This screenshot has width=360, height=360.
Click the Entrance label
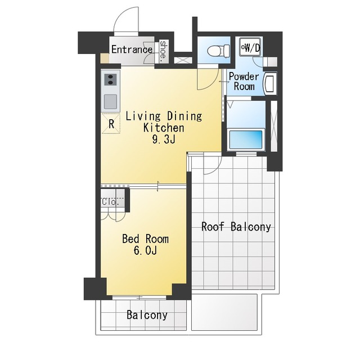tap(132, 49)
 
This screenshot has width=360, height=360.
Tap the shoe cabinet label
tap(163, 51)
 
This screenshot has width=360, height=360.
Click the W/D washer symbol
tap(250, 47)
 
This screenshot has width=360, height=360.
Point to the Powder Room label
tap(244, 81)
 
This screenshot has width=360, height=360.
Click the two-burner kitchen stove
tap(110, 79)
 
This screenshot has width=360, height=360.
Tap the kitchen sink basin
tap(110, 102)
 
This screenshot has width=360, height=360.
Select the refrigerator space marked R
tap(111, 124)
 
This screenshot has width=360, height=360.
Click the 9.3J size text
tap(164, 139)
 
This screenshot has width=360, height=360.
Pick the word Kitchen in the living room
tap(164, 128)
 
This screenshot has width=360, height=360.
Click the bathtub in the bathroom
tap(246, 140)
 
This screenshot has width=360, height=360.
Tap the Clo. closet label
tap(110, 202)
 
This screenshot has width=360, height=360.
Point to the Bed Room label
tap(145, 238)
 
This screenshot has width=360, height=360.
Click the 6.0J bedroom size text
tap(145, 250)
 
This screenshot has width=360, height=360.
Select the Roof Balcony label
tap(236, 227)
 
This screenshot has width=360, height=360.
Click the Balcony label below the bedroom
tap(147, 315)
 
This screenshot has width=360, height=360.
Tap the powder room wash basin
tap(270, 84)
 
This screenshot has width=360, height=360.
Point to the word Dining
tap(184, 116)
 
